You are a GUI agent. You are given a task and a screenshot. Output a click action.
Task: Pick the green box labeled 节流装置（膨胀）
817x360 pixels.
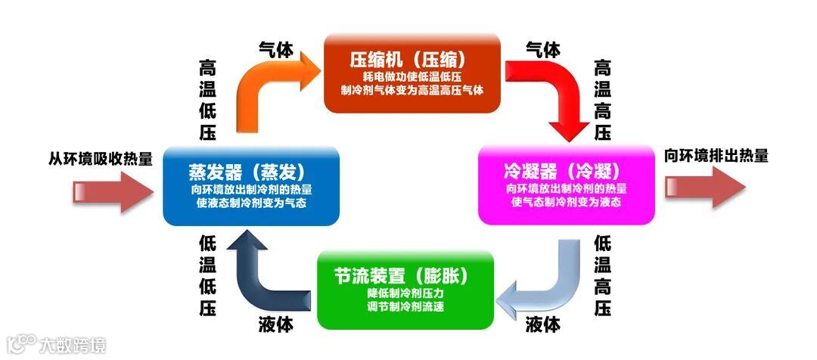point(405,290)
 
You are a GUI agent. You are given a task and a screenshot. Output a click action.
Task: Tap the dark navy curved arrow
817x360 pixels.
point(265,272)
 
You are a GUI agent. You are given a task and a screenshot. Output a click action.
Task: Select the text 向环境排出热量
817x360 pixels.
point(716,157)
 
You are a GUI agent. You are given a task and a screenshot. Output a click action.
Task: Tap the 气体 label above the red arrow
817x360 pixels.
point(543,50)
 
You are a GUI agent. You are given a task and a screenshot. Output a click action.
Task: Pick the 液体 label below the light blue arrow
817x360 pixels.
point(543,325)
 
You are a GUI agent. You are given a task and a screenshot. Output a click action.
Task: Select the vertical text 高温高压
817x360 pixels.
point(603,101)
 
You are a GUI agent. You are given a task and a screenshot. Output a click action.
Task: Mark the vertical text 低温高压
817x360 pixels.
point(603,275)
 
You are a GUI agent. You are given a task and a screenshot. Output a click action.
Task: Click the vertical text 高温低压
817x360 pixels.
point(207,101)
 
